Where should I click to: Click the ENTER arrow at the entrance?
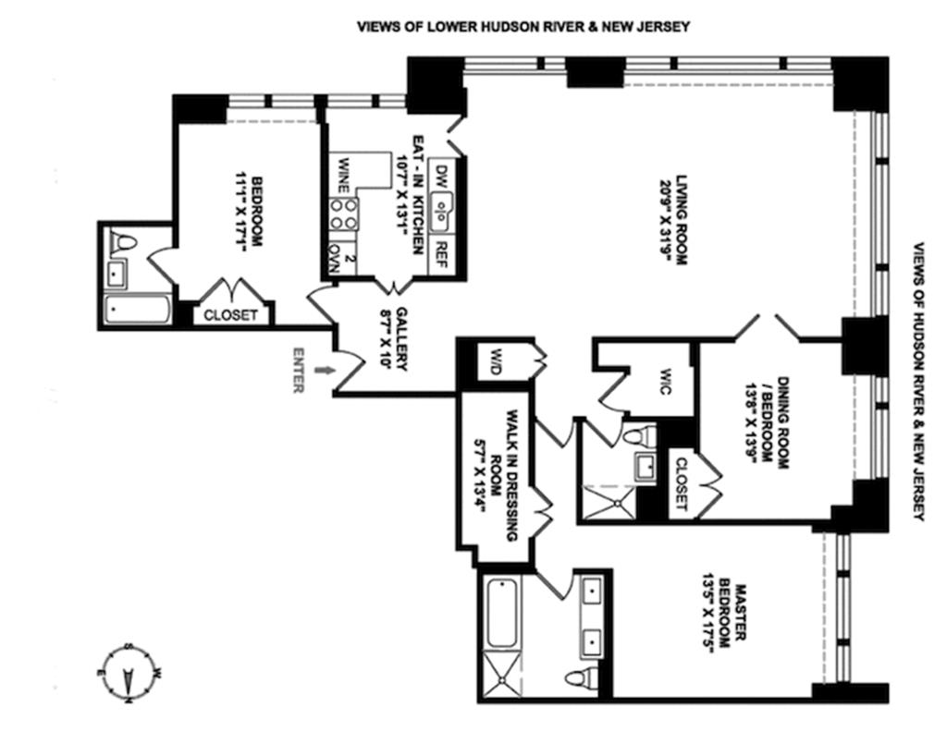(x=324, y=370)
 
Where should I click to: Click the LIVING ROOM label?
(x=674, y=220)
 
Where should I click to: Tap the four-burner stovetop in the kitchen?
(x=344, y=214)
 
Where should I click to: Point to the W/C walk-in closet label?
(x=664, y=382)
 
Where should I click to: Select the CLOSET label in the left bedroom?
(x=230, y=315)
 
